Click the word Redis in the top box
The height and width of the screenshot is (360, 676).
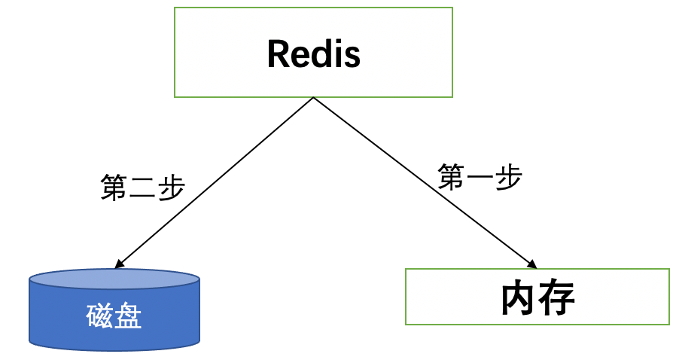tap(313, 53)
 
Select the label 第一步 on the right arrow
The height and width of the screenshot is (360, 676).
tap(480, 177)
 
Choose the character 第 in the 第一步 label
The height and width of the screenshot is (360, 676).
tap(452, 177)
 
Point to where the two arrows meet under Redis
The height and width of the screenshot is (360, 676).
tap(312, 98)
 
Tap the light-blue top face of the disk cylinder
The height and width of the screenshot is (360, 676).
tap(114, 281)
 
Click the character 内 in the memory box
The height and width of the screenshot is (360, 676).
tap(519, 298)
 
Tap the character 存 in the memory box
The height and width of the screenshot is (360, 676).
tap(557, 298)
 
